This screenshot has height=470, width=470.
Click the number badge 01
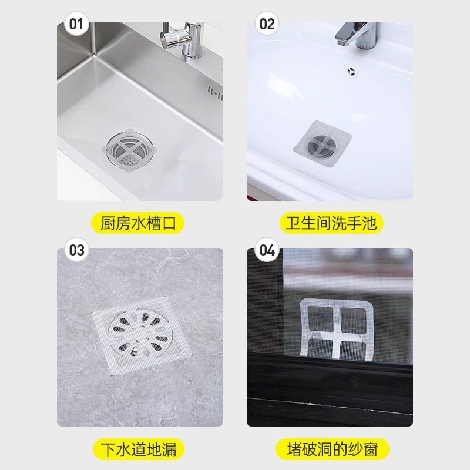click(x=77, y=24)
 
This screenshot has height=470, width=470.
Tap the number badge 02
click(x=267, y=24)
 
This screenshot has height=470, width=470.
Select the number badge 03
click(x=77, y=250)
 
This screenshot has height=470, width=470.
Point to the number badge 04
click(x=267, y=250)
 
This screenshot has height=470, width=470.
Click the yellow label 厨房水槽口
click(x=139, y=223)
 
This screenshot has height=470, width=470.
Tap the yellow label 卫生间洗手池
click(x=330, y=223)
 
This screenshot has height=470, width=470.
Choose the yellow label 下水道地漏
click(x=139, y=449)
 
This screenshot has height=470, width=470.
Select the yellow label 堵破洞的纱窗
click(x=330, y=449)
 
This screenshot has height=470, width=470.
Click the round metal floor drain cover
click(x=136, y=337)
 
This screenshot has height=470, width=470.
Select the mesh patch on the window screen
click(x=330, y=330)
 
